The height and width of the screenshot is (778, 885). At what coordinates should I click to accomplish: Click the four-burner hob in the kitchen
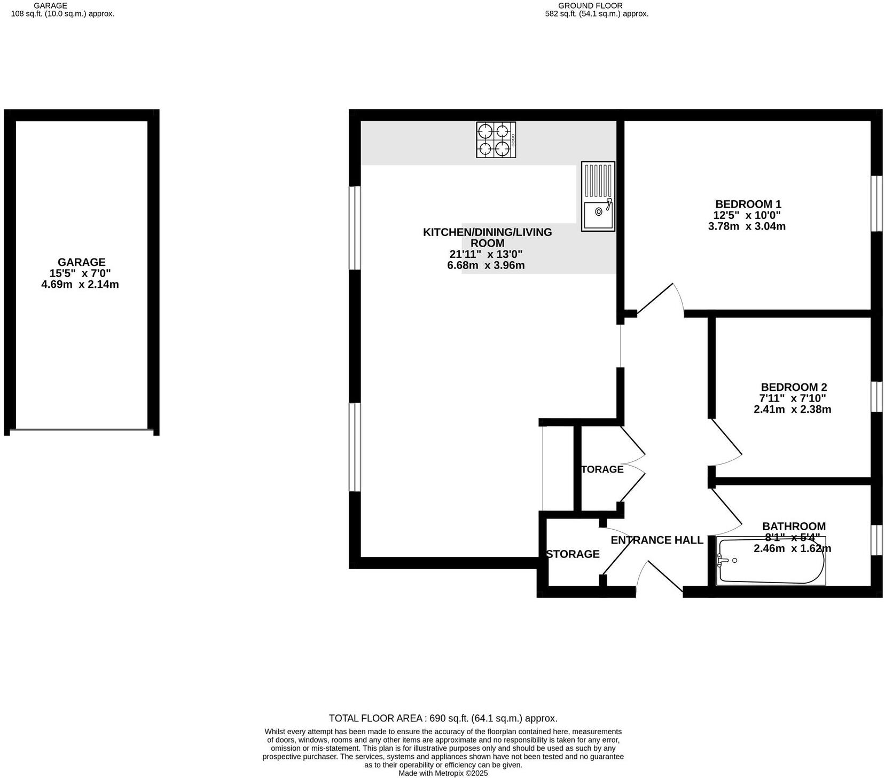(x=496, y=140)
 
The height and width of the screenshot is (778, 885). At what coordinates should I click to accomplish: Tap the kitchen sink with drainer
(x=598, y=197)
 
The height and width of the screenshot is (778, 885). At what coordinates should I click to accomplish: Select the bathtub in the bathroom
(x=771, y=561)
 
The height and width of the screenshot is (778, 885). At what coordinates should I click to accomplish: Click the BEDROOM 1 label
(x=748, y=204)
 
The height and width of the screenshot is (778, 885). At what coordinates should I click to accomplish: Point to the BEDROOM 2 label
(x=793, y=387)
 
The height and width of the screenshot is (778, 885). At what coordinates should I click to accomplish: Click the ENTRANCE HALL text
(x=656, y=540)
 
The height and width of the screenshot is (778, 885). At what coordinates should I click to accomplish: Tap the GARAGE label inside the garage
(x=81, y=262)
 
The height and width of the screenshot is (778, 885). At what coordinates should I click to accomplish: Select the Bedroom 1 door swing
(x=661, y=299)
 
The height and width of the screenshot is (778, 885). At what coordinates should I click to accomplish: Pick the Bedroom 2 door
(x=725, y=443)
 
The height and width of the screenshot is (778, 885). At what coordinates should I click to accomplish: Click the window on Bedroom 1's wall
(x=876, y=203)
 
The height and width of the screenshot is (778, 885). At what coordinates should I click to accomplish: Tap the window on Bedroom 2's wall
(x=876, y=396)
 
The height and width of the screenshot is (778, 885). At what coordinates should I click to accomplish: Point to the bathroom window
(x=876, y=540)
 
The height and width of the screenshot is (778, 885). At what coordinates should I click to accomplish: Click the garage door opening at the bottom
(x=81, y=430)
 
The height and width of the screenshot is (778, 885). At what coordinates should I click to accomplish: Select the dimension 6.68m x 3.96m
(x=485, y=265)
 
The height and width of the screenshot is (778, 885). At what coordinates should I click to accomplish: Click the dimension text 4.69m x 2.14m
(x=80, y=285)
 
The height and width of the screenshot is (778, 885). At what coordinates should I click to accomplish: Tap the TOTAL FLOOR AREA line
(x=443, y=718)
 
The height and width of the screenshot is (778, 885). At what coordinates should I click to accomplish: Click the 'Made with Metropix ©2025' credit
(x=443, y=773)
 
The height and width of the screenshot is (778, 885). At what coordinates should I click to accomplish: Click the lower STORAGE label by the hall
(x=572, y=554)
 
